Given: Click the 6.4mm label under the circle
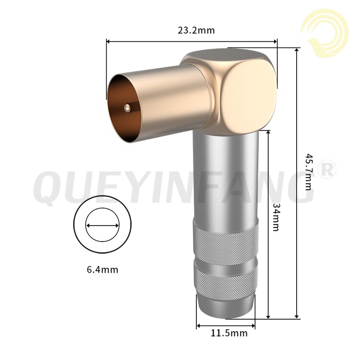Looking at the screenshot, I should [x=102, y=269].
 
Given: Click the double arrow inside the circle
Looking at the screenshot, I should [x=102, y=225].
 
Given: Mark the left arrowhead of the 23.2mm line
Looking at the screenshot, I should [x=108, y=42].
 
